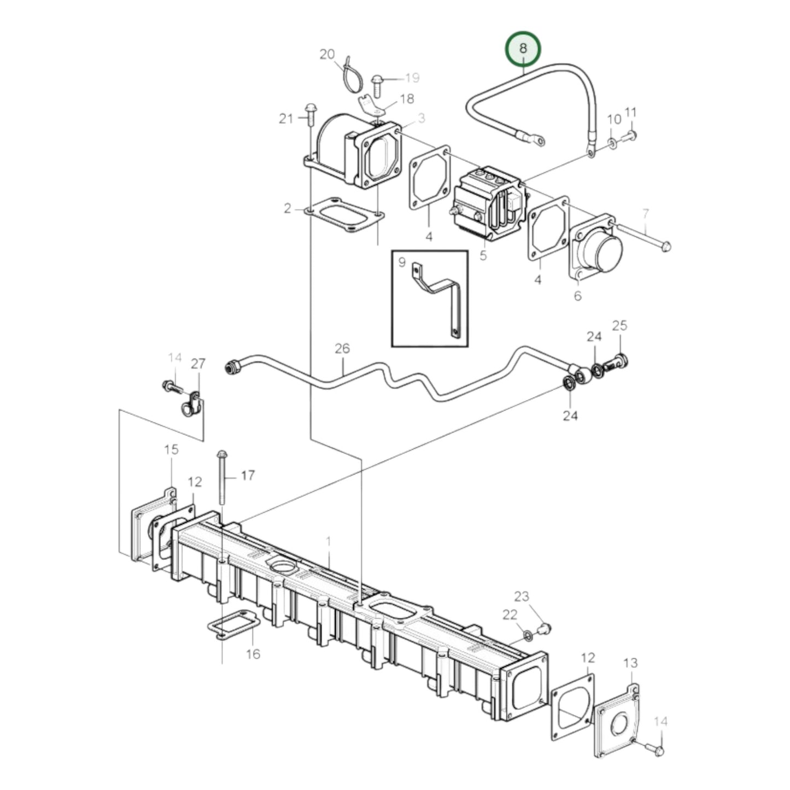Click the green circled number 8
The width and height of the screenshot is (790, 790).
tap(523, 48)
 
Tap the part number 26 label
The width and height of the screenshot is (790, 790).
tap(342, 348)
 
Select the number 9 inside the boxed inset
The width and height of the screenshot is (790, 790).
tap(402, 262)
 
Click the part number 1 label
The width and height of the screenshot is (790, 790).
tap(329, 541)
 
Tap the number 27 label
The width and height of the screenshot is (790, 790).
tap(198, 364)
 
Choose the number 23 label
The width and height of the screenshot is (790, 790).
tap(522, 595)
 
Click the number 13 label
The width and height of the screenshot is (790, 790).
tap(630, 663)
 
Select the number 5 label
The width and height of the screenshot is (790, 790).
tap(483, 255)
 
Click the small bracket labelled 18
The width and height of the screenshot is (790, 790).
tap(370, 104)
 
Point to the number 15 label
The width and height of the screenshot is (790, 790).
tap(171, 449)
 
